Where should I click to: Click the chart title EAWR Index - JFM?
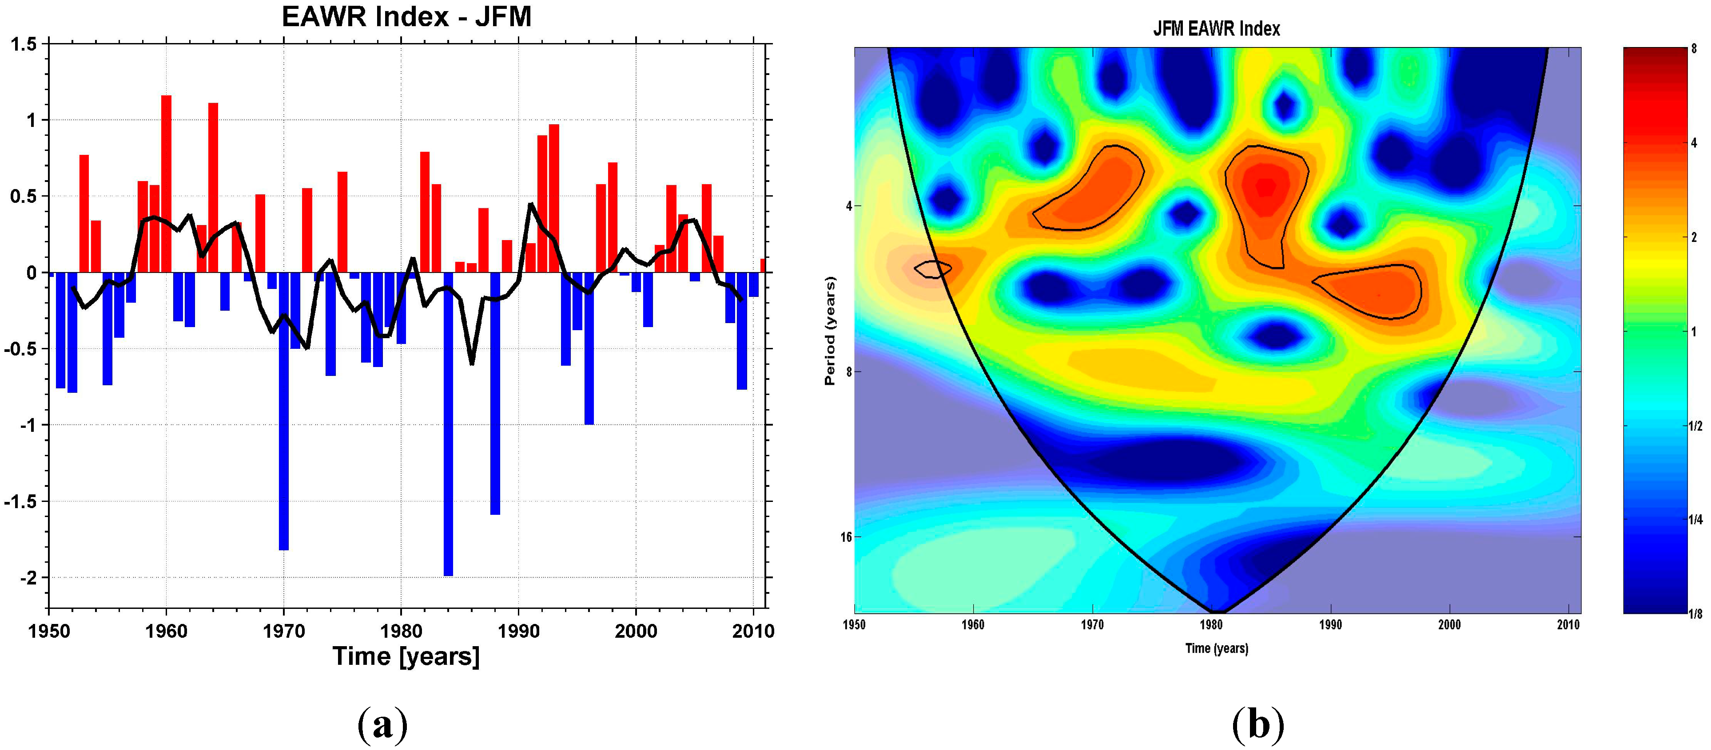tap(406, 16)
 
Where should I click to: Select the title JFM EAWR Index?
tap(1216, 28)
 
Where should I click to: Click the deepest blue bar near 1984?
tap(448, 425)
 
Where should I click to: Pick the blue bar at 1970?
tap(284, 411)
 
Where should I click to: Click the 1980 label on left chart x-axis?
tap(401, 631)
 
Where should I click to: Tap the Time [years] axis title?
tap(406, 656)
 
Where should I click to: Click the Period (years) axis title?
tap(830, 331)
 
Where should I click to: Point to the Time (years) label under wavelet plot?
tap(1216, 648)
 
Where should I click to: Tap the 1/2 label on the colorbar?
tap(1695, 426)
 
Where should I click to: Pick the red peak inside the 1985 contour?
tap(1265, 188)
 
